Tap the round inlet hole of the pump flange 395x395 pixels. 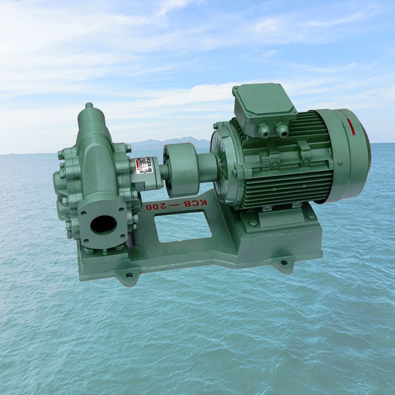point(103,224)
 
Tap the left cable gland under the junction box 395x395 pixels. point(263,130)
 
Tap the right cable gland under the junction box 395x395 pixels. point(282,130)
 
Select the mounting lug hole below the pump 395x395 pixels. point(129,276)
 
